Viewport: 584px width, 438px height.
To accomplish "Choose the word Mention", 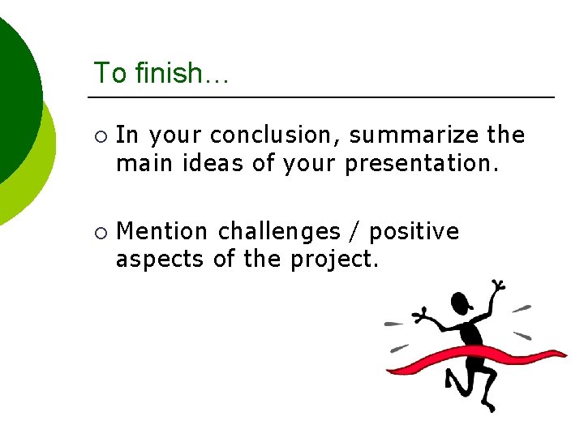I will [162, 232].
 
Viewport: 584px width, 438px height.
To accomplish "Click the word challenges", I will [279, 232].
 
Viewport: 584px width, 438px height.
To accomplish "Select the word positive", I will [414, 233].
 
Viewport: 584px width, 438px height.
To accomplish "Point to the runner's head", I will [460, 303].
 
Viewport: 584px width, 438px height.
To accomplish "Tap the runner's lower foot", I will [487, 405].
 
